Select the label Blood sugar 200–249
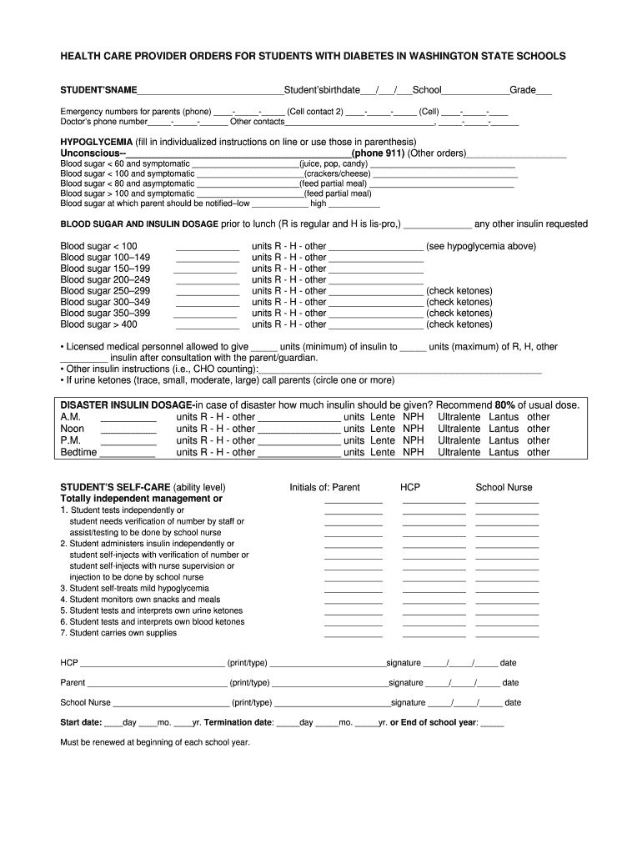(105, 280)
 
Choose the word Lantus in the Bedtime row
(504, 452)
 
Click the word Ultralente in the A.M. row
(459, 417)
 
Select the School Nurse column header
(504, 488)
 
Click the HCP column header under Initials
(410, 488)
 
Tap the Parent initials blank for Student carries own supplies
(353, 635)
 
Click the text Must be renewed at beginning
(155, 742)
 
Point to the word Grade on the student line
(523, 90)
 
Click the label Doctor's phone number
(103, 122)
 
